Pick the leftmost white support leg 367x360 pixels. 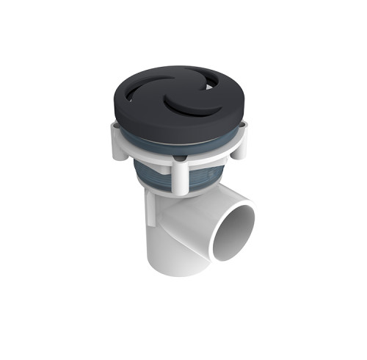click(117, 142)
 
